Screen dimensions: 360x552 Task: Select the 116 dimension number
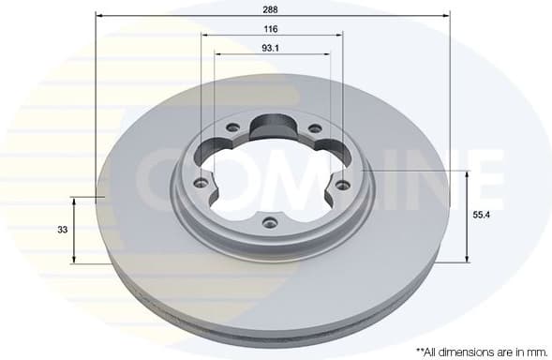click(270, 29)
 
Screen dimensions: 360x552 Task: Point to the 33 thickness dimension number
click(62, 229)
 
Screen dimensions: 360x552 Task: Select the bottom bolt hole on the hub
click(269, 222)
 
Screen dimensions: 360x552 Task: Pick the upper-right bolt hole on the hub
click(314, 128)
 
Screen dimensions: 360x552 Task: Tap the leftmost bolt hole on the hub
click(198, 185)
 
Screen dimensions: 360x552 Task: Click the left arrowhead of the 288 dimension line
click(98, 16)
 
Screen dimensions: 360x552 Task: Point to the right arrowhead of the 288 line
click(447, 16)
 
